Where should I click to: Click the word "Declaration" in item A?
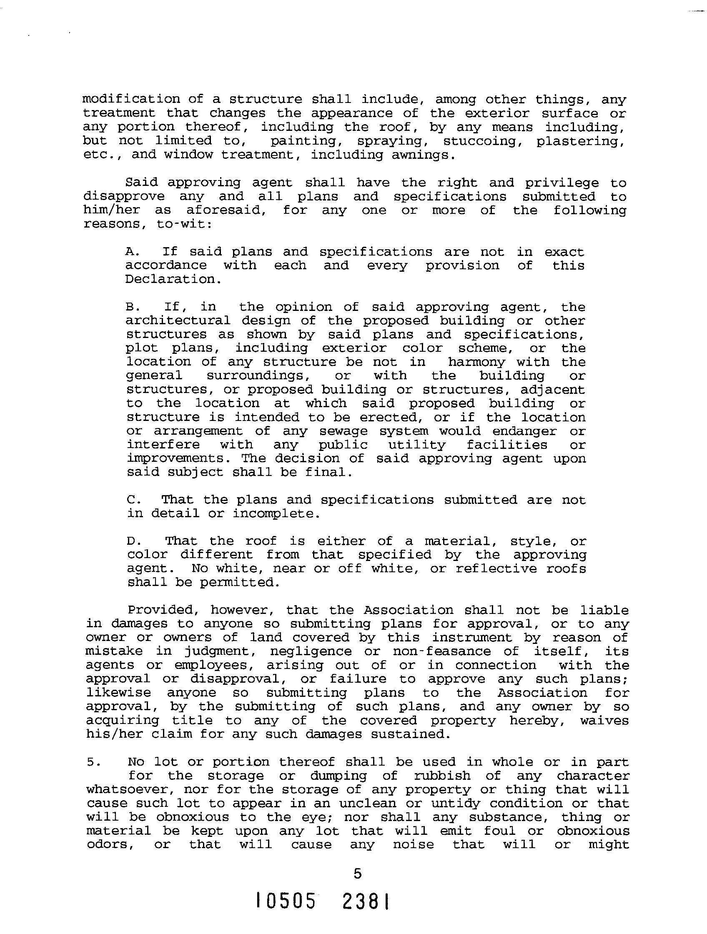[x=170, y=279]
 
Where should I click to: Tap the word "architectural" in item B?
[x=178, y=321]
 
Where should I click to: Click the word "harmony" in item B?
[x=476, y=362]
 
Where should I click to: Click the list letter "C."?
[x=134, y=500]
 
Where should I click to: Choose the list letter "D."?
[x=134, y=541]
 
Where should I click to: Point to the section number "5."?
[x=93, y=762]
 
